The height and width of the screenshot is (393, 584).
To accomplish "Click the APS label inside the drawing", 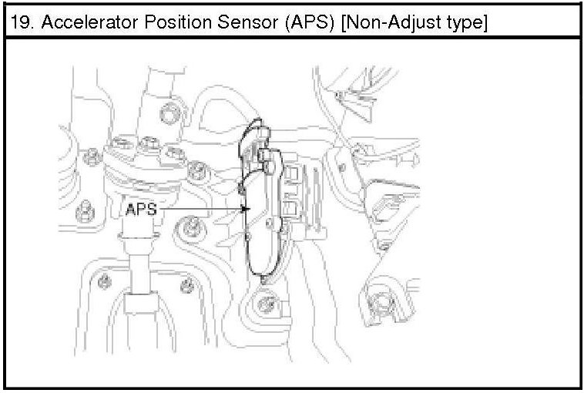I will point(141,209).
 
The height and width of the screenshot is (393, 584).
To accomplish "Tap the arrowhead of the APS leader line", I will point(245,209).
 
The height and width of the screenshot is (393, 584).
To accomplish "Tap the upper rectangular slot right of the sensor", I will point(291,182).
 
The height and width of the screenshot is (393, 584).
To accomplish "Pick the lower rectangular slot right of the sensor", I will point(291,208).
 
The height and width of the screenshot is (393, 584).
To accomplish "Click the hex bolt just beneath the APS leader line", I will point(190,228).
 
